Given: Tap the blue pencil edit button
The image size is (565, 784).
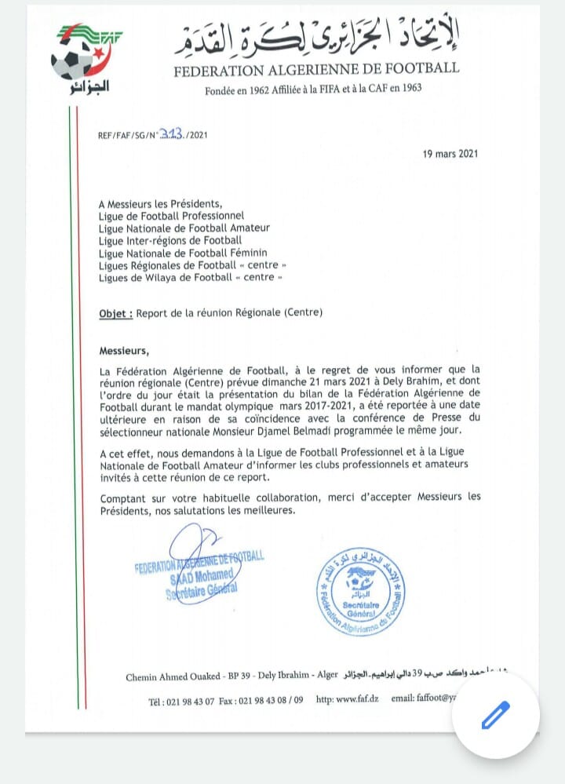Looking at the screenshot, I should pyautogui.click(x=496, y=715).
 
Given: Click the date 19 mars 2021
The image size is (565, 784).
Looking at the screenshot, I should pyautogui.click(x=446, y=154).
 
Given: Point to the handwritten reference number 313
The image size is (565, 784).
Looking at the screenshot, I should pyautogui.click(x=170, y=134).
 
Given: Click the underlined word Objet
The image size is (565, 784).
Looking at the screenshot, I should pyautogui.click(x=115, y=312).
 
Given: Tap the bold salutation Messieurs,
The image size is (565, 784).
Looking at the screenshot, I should pyautogui.click(x=124, y=350).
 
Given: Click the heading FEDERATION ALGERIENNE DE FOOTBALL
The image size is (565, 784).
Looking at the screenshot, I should pyautogui.click(x=316, y=68).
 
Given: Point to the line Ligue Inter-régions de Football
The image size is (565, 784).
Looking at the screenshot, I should pyautogui.click(x=170, y=240).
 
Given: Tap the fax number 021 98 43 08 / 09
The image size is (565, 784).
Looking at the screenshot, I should pyautogui.click(x=264, y=698).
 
